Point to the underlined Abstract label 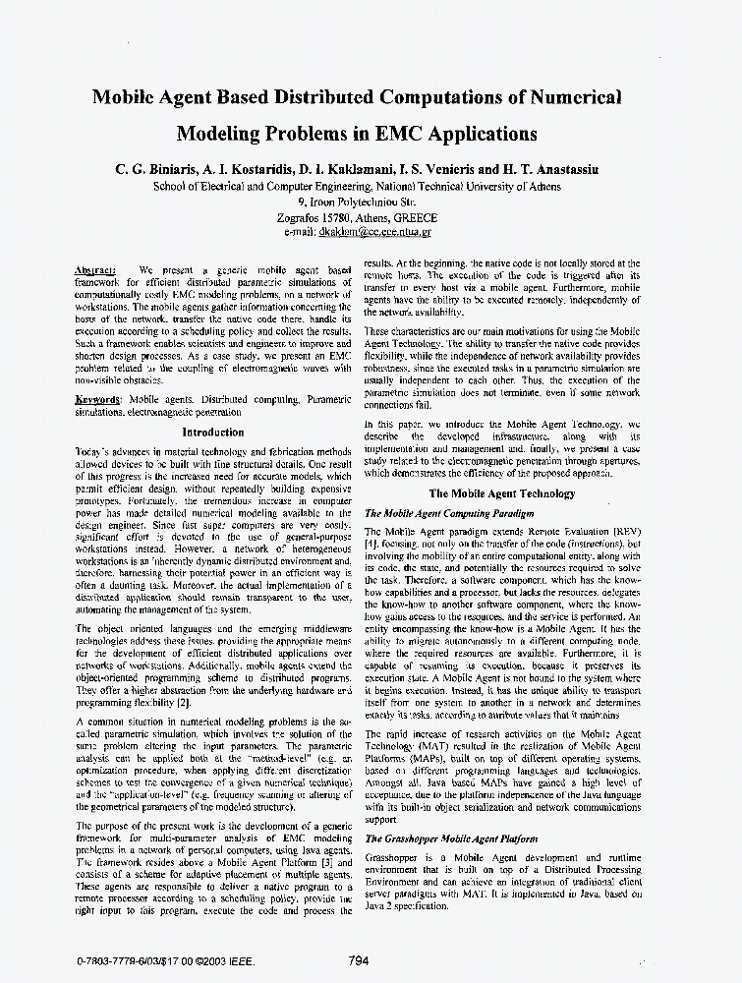tap(95, 269)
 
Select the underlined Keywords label tap(98, 400)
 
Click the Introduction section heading tap(213, 432)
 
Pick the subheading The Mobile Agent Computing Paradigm tap(449, 513)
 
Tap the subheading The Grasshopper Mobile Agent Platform tap(451, 838)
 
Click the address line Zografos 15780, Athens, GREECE tap(371, 218)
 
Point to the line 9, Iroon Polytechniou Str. tap(371, 201)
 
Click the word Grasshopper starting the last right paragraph tap(392, 858)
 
